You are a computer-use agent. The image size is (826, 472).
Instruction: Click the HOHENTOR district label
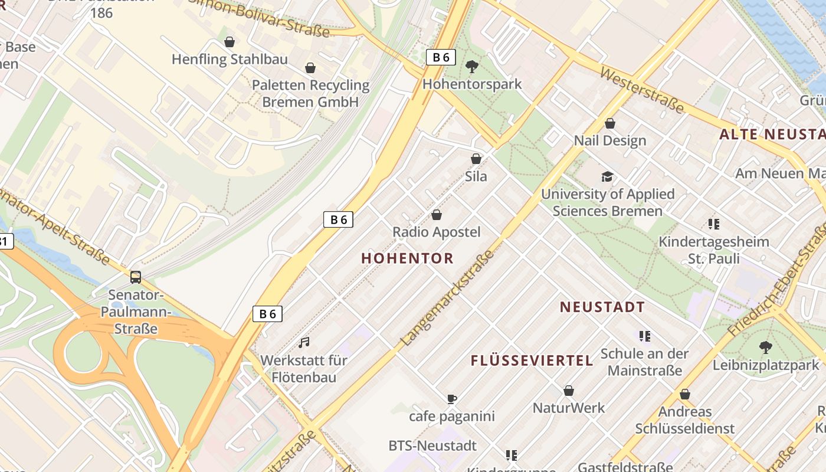click(x=407, y=258)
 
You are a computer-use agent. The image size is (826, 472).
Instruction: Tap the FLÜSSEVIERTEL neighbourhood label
click(x=532, y=360)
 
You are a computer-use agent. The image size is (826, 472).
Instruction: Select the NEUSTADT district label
click(x=602, y=307)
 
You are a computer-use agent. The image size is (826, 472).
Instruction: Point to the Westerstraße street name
click(x=642, y=90)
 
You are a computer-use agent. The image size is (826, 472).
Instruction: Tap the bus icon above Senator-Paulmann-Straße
click(x=136, y=277)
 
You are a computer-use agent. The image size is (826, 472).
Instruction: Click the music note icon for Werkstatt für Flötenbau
click(x=304, y=342)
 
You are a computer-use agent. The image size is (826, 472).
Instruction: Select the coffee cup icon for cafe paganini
click(x=452, y=399)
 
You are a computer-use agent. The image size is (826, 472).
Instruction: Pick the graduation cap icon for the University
click(x=607, y=176)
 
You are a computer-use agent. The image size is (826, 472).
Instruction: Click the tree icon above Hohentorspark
click(x=472, y=66)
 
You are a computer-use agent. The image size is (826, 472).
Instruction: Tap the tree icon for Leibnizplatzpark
click(x=766, y=348)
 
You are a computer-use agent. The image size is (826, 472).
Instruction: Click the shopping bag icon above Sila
click(x=476, y=159)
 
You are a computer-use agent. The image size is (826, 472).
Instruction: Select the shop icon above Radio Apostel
click(x=437, y=215)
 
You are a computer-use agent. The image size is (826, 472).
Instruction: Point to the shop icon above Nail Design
click(x=610, y=123)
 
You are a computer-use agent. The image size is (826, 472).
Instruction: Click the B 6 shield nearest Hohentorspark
click(x=441, y=57)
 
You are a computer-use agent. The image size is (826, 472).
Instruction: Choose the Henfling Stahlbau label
click(x=230, y=60)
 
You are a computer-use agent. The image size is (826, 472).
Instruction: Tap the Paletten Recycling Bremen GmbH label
click(x=310, y=93)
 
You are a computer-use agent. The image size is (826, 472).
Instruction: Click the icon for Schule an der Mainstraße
click(x=644, y=336)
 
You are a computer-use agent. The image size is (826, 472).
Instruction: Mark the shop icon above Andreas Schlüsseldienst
click(x=685, y=394)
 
